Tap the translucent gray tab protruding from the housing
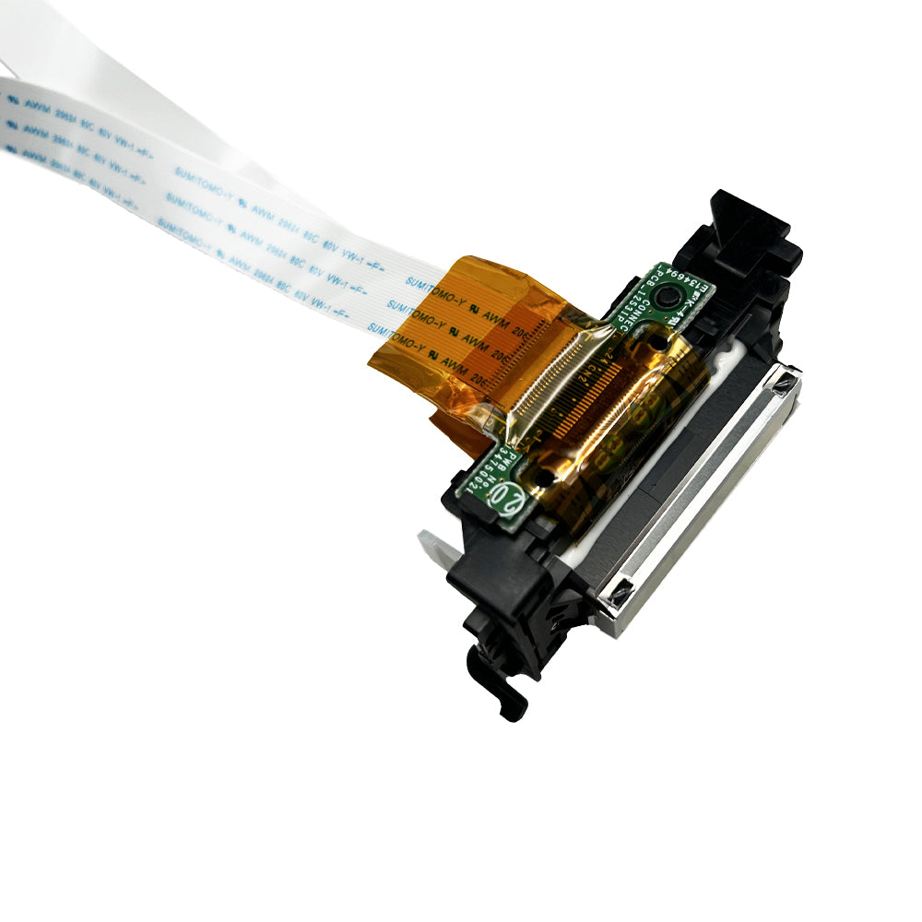[434, 550]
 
